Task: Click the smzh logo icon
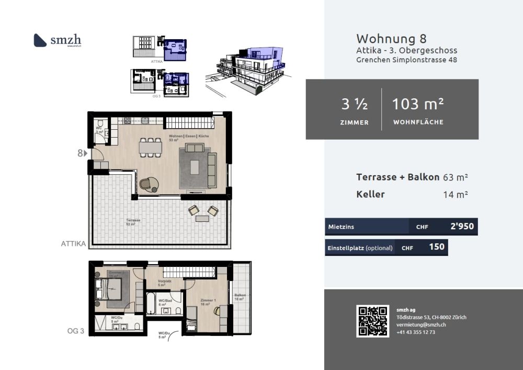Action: tap(41, 40)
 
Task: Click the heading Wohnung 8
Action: tap(391, 39)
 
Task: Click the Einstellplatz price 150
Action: tap(437, 247)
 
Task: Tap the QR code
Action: tap(373, 321)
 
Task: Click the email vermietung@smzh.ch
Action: tap(420, 324)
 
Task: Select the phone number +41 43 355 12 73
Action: tap(416, 332)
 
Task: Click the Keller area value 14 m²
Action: tap(455, 195)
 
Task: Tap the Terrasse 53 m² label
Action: tap(133, 221)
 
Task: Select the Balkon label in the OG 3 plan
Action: tap(240, 296)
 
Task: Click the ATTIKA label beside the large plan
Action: tap(73, 243)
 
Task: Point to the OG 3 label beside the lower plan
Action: tap(76, 330)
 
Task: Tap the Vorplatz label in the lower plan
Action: tap(165, 282)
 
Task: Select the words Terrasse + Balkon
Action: tap(397, 177)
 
